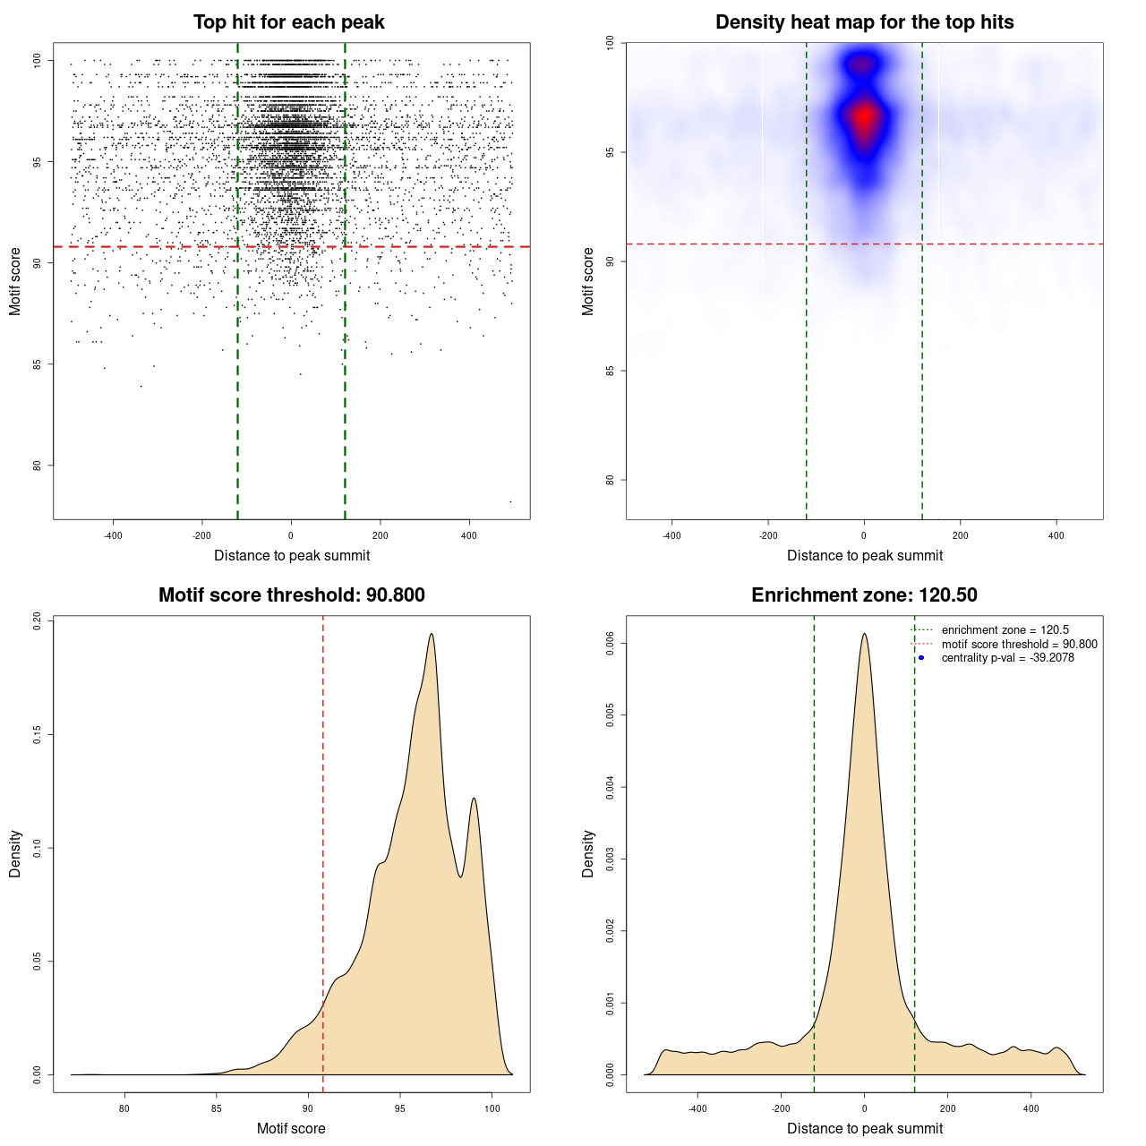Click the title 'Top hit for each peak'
point(288,22)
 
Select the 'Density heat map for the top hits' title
point(864,22)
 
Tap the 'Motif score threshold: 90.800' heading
point(291,595)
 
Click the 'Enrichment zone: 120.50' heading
point(864,595)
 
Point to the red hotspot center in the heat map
point(864,117)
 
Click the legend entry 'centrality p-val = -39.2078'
point(1007,658)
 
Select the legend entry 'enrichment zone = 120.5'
point(1005,630)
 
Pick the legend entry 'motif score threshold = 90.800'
point(1019,645)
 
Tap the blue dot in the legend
point(921,658)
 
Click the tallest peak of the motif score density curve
point(432,635)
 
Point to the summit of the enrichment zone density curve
point(864,635)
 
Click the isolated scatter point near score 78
point(510,501)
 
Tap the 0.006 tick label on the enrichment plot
point(610,644)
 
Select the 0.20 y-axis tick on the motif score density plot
point(37,621)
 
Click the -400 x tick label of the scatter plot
point(113,535)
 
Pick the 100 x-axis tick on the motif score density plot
point(492,1108)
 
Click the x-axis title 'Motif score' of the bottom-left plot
point(291,1128)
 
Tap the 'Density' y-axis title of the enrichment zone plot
point(588,853)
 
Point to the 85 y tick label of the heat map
point(610,371)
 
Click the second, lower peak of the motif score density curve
point(474,799)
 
